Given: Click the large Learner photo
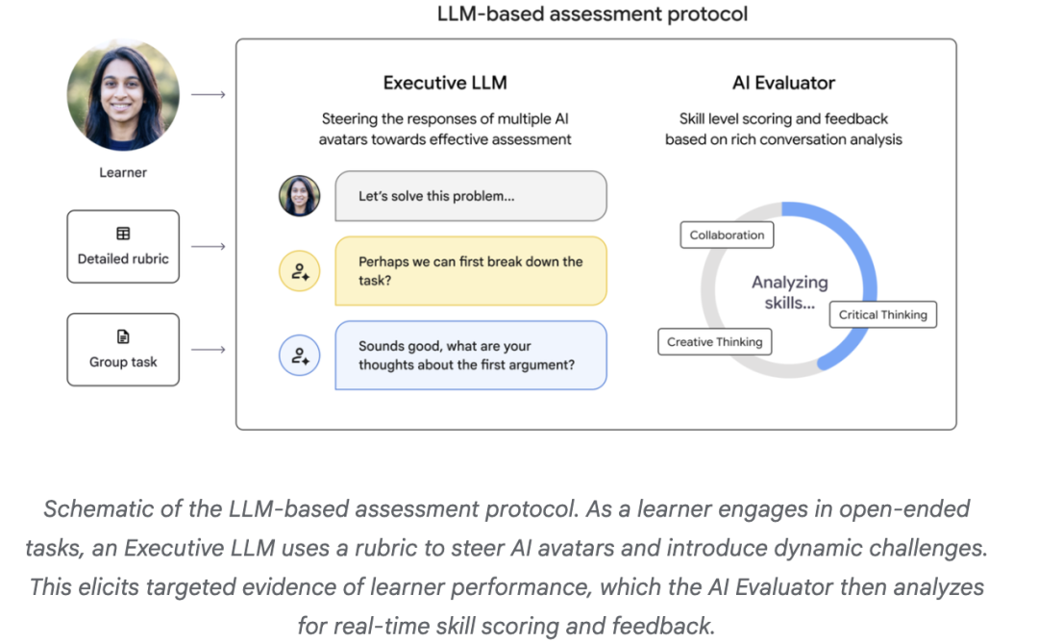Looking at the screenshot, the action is point(123,95).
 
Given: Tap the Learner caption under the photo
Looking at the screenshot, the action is point(123,173).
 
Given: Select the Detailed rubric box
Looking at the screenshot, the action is point(123,246).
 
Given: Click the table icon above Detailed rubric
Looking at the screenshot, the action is point(123,234).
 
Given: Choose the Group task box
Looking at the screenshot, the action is point(123,350).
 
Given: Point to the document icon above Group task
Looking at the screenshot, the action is point(123,336).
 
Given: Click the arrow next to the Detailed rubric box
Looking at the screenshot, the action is point(209,246).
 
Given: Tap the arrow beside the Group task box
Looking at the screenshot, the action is point(209,350).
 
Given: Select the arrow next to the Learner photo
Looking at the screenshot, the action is point(209,95).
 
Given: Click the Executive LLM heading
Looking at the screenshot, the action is point(445,83).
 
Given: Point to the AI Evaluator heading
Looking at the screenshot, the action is point(784,83).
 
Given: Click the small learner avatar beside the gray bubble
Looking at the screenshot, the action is point(299,196).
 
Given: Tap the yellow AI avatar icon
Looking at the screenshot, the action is point(299,271).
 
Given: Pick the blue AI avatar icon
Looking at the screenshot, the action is point(299,356).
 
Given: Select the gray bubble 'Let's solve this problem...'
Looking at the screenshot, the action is point(471,196).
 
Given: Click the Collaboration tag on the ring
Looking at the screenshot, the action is point(727,235).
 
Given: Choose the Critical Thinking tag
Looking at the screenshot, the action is point(883,314).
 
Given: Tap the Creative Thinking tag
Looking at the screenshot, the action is point(715,342).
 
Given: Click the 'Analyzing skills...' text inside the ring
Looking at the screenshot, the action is point(790,293).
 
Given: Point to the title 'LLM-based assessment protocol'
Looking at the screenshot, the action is point(592,13).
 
